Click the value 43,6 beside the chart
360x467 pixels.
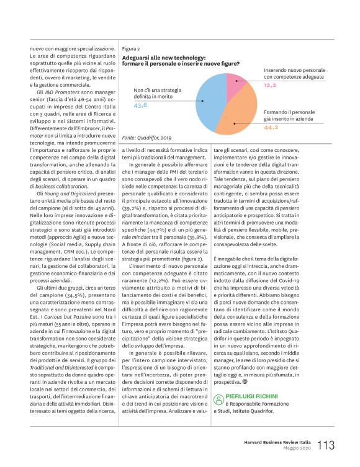coord(141,106)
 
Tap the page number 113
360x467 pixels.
coord(327,445)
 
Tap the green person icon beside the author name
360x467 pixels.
coord(218,394)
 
